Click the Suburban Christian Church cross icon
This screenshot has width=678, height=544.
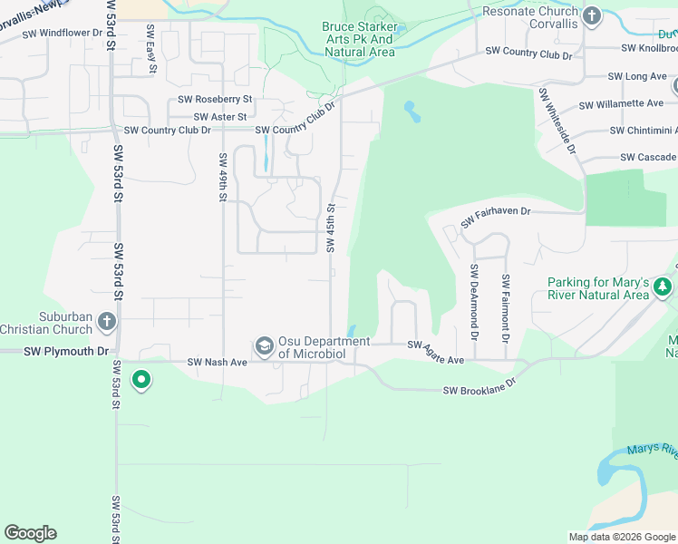pos(107,321)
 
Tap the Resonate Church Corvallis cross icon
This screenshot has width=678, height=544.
pos(591,15)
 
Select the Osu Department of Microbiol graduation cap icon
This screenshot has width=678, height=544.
pos(265,345)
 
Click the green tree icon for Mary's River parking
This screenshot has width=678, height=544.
pos(663,287)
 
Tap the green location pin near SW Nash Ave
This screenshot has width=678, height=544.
pos(140,380)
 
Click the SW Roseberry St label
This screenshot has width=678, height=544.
pos(215,99)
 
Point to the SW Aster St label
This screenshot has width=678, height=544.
pos(220,117)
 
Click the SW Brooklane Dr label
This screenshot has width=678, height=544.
pos(479,391)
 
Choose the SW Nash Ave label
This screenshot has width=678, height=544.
pos(218,363)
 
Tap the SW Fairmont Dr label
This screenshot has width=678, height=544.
pos(505,308)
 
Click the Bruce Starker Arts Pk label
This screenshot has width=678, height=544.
pos(358,39)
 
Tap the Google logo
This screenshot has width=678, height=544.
pos(30,533)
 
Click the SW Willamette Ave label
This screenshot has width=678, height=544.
pos(623,104)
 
